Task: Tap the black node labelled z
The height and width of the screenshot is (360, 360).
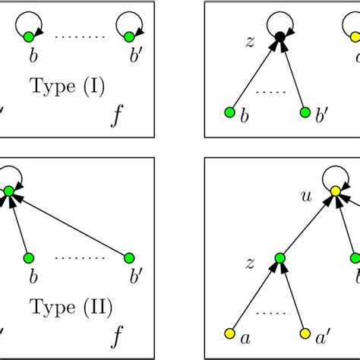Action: click(x=279, y=36)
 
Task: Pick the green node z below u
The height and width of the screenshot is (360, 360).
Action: click(x=279, y=261)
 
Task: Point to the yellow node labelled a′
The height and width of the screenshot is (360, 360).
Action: click(x=305, y=334)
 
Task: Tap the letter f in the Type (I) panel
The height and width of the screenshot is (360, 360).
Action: click(x=115, y=116)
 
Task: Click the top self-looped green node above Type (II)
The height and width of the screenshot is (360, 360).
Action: click(x=9, y=193)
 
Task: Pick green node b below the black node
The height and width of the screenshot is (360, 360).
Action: click(x=229, y=113)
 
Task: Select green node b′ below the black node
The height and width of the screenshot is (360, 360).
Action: click(x=305, y=113)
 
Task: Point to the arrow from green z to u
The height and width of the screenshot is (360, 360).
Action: click(x=305, y=226)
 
